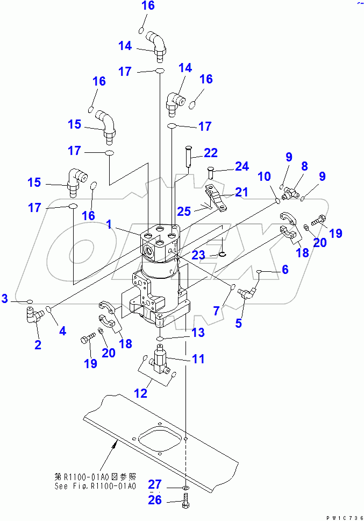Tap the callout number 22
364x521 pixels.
coord(210,152)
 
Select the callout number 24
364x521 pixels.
coord(241,166)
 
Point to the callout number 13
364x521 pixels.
coord(197,333)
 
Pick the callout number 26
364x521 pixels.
coord(155,501)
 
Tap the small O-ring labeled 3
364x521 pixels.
coord(30,299)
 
